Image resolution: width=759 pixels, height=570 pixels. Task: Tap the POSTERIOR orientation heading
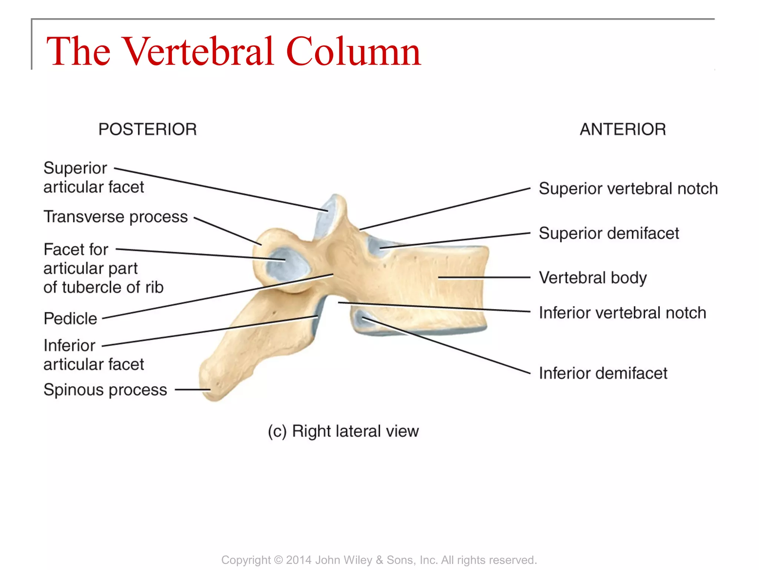(147, 130)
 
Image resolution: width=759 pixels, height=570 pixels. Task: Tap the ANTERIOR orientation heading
(623, 130)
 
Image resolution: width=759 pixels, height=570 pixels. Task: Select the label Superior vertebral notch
(628, 189)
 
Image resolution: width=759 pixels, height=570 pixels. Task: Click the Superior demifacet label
(609, 233)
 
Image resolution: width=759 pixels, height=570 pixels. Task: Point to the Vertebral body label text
(593, 278)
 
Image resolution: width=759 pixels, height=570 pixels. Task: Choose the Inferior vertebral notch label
(622, 313)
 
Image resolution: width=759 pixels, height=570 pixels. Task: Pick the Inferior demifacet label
(603, 373)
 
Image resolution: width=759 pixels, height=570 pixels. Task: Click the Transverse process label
(116, 217)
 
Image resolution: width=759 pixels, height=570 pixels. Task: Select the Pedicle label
(70, 318)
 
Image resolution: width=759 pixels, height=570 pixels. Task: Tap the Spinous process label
(105, 390)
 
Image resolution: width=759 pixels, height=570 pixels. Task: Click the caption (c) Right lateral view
(343, 431)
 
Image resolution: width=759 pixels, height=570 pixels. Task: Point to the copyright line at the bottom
(379, 560)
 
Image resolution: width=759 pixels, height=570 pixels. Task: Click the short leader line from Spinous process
(192, 390)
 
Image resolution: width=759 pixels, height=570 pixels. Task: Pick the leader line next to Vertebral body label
(484, 277)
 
